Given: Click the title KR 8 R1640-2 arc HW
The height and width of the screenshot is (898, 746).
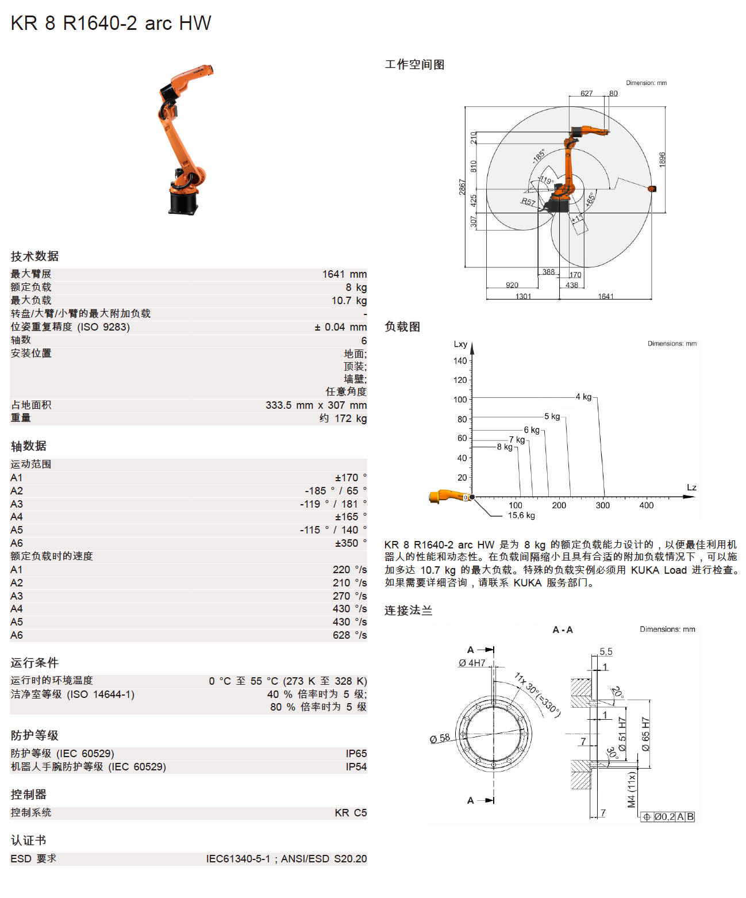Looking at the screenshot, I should (111, 23).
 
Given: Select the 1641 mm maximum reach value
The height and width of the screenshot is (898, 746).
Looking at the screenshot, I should (344, 274).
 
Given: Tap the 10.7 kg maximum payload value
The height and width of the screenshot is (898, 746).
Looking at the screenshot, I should (348, 301).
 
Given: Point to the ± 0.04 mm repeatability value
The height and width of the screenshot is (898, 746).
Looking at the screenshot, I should (340, 327).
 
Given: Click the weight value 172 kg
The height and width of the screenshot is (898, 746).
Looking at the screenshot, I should (343, 419).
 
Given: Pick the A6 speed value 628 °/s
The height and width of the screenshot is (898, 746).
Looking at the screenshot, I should (349, 635).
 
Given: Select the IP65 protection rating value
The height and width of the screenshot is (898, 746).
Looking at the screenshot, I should (356, 754).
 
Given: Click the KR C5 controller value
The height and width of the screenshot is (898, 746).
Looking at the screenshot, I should (351, 813).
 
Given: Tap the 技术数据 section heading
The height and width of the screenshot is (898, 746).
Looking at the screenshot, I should (34, 256).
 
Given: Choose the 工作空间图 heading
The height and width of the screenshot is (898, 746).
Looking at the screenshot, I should (414, 64).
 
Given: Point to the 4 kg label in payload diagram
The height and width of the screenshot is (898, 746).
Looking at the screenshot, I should (583, 397).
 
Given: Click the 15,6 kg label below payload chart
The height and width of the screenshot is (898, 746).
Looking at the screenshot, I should (521, 516).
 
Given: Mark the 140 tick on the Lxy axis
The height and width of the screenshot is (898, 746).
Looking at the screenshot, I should (460, 361).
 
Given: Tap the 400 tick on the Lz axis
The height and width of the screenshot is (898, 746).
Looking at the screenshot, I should (646, 505).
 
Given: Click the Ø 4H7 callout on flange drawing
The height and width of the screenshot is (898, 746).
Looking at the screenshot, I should (472, 663).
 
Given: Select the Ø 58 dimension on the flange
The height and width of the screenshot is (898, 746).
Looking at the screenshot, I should (440, 738).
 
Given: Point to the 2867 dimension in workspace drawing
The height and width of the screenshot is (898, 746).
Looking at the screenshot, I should (462, 187).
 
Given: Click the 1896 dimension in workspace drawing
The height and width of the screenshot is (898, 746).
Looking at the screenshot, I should (662, 159).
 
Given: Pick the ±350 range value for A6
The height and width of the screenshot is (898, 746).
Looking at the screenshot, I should (351, 543).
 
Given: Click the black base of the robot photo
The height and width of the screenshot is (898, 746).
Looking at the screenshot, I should (183, 202).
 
